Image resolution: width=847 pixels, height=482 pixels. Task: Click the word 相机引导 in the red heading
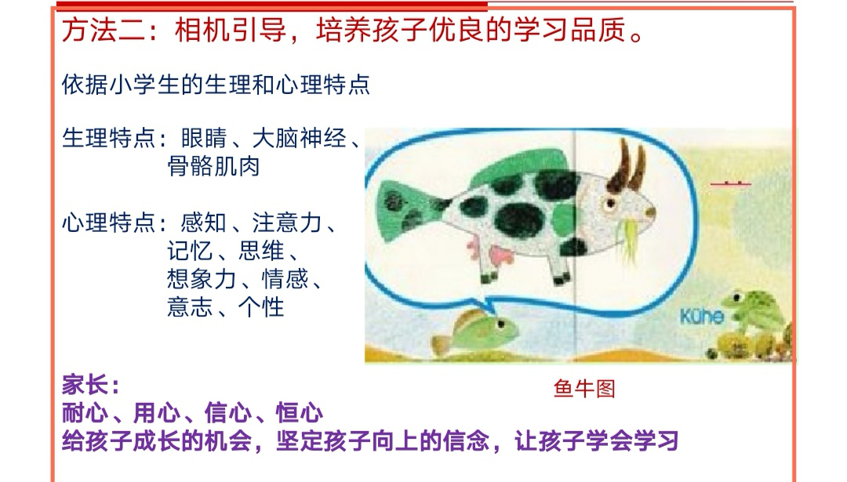(x=231, y=29)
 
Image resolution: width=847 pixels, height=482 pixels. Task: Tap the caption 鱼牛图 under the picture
(x=584, y=388)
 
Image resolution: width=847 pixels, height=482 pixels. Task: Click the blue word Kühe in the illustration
(x=702, y=316)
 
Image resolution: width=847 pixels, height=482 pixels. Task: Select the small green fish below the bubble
(x=473, y=330)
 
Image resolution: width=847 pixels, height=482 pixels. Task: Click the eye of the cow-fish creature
(x=610, y=204)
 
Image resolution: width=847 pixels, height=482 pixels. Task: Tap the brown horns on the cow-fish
(x=627, y=165)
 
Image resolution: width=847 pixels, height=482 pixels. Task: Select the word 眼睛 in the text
(x=204, y=138)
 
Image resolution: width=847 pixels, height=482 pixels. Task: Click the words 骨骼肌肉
(x=213, y=166)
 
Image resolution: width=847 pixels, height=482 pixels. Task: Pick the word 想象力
(x=202, y=279)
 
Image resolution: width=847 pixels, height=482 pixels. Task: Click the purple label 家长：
(x=91, y=385)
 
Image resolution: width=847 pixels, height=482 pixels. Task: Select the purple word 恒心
(x=300, y=413)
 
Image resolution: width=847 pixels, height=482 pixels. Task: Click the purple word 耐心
(x=85, y=413)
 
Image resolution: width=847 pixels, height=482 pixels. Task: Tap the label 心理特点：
(x=115, y=223)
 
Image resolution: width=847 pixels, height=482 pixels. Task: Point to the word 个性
(x=261, y=307)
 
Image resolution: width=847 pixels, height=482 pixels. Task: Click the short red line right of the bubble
(x=730, y=184)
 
